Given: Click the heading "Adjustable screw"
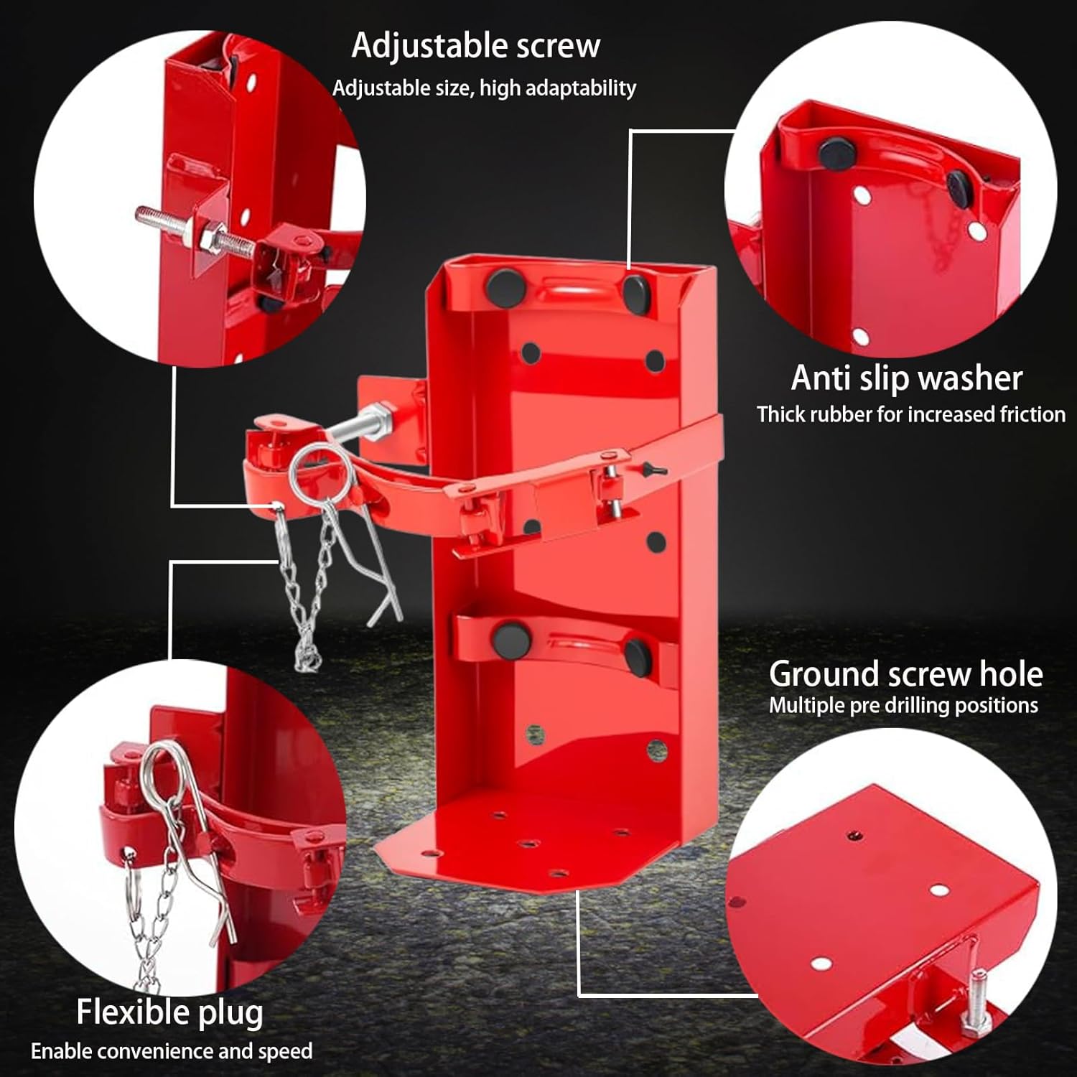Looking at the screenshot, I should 475,46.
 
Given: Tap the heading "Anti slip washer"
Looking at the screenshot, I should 906,378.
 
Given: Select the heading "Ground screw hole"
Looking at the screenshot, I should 905,674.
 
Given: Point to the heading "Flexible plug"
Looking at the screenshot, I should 169,1012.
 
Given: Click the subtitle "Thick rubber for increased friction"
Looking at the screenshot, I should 910,415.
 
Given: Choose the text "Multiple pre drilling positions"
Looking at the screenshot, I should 903,706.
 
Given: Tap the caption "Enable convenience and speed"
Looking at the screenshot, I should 172,1052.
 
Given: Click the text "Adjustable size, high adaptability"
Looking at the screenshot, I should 484,88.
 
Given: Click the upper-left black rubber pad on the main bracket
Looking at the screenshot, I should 505,286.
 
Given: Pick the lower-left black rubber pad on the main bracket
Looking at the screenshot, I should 510,636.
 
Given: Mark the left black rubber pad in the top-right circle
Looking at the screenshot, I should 835,152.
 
